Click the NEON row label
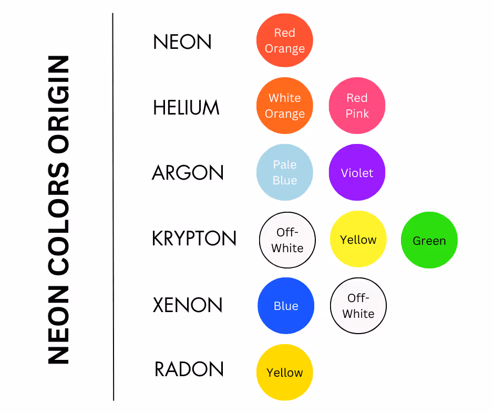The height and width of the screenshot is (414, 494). [x=182, y=42]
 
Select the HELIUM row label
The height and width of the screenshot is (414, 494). [x=186, y=108]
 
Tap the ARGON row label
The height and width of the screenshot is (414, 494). [x=188, y=173]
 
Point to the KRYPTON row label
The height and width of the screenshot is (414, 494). [x=194, y=239]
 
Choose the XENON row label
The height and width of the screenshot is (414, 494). [x=188, y=305]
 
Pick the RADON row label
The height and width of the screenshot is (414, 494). [x=189, y=369]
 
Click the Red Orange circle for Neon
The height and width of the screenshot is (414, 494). [x=285, y=41]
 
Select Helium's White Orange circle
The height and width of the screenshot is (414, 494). [x=285, y=106]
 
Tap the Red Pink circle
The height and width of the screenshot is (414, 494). [x=357, y=106]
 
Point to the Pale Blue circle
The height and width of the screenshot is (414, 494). [x=285, y=172]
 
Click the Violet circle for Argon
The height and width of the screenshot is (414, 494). [x=357, y=172]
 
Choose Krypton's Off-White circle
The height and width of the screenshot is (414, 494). [x=287, y=241]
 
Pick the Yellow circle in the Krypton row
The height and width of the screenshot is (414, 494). [x=358, y=240]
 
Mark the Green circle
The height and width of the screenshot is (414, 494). [x=429, y=241]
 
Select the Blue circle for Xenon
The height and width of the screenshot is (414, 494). [x=286, y=306]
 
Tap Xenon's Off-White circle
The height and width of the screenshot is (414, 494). [x=358, y=306]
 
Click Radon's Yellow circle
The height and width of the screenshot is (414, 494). [x=285, y=372]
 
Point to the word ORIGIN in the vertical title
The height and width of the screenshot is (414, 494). [x=58, y=102]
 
